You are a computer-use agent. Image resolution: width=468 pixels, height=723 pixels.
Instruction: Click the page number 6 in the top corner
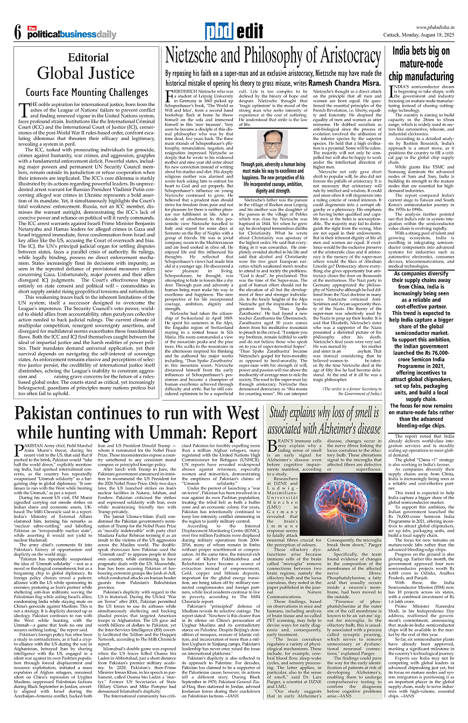pyautogui.click(x=17, y=33)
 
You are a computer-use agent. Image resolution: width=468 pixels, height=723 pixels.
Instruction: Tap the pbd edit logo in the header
pyautogui.click(x=233, y=31)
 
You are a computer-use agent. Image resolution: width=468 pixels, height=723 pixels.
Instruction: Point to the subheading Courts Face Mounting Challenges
pyautogui.click(x=87, y=93)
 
